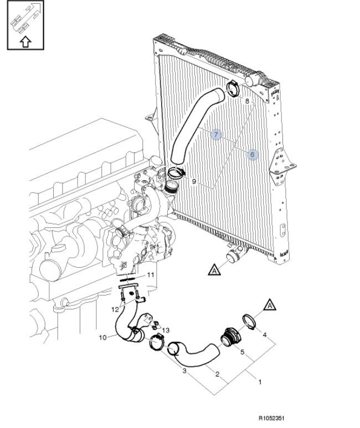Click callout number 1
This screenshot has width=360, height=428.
tap(260, 382)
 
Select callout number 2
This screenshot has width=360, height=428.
tap(217, 374)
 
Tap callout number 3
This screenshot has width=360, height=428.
tap(184, 371)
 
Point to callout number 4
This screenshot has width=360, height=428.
tap(264, 334)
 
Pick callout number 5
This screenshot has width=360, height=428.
tap(242, 352)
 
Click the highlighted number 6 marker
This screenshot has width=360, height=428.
tap(252, 155)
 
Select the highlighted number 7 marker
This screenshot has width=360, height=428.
tap(216, 135)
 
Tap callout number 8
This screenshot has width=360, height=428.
tap(247, 101)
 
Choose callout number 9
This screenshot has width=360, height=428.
tap(194, 181)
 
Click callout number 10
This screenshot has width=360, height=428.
tap(102, 338)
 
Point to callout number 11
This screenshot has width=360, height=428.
tap(151, 274)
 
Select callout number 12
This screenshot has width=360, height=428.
tap(115, 309)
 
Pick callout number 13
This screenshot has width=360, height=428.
tap(165, 330)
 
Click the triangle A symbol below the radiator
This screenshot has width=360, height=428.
tap(214, 269)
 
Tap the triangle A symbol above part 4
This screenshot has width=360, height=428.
tap(270, 305)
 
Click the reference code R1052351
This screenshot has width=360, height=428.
tap(271, 418)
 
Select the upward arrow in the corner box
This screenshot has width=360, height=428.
tap(25, 42)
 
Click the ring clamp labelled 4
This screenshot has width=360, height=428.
tap(249, 322)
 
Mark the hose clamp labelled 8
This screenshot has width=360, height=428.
tap(233, 89)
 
